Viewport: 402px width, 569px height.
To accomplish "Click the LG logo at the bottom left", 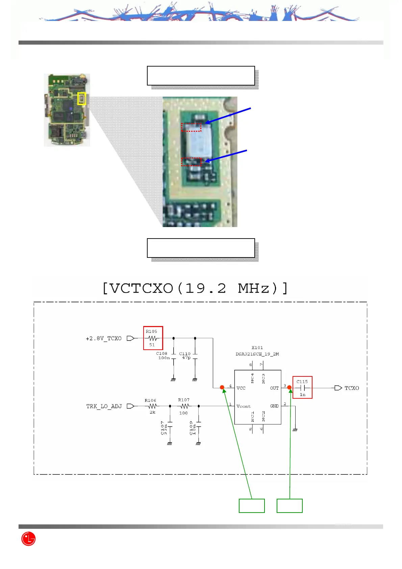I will coord(28,539).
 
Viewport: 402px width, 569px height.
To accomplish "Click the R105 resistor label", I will coord(151,331).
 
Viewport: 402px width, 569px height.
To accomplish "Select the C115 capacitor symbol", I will coord(302,388).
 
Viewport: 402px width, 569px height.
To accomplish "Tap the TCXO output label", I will coord(351,388).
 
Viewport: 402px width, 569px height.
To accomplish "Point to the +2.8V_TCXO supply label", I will coord(104,339).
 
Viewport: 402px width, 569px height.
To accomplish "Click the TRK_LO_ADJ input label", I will coord(104,406).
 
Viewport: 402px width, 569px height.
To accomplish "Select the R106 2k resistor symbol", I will coord(152,406).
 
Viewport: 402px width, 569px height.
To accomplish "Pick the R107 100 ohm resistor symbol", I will coord(184,406).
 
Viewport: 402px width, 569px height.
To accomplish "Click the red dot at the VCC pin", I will coord(222,388).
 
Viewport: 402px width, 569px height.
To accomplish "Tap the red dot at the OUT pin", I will coord(290,388).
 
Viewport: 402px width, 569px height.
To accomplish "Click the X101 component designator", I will coord(257,348).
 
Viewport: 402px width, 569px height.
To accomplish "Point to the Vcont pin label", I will coord(244,406).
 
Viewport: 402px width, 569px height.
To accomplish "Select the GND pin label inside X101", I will coord(274,406).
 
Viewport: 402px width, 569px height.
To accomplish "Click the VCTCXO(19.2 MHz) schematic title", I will coord(195,288).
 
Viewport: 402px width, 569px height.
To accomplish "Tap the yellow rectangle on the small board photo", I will coord(81,99).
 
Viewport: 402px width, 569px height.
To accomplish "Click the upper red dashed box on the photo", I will coord(191,127).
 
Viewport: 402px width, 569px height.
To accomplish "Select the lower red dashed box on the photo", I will coord(191,162).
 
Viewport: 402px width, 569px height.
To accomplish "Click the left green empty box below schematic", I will coord(252,506).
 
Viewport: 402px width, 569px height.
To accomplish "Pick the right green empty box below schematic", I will coord(290,506).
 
